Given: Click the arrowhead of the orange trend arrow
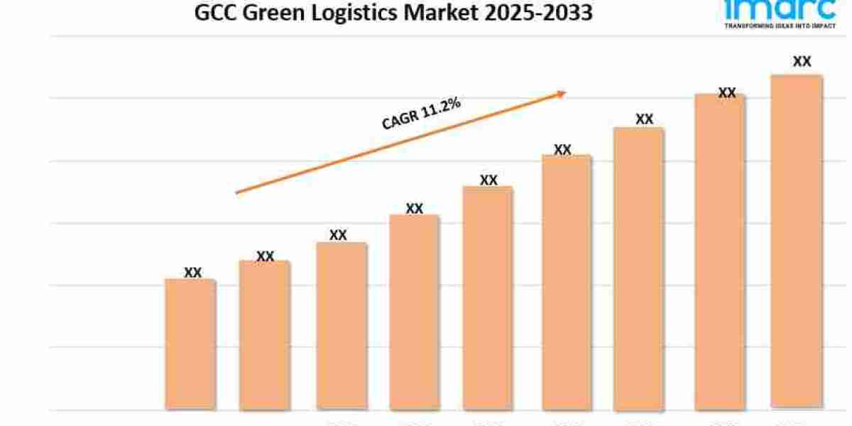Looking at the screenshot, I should pos(562,92).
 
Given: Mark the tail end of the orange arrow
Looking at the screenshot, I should pos(237,192).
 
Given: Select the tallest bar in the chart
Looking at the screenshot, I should pos(796,241).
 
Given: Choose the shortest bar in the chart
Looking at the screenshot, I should pos(190,344).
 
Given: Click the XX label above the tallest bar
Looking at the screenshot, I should pos(802,62).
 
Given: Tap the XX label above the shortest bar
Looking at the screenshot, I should pos(192,272).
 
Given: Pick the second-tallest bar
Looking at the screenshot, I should pos(720,251).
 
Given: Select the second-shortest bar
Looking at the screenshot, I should pos(264,335).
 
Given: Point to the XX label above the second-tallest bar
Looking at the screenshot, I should pos(726,93).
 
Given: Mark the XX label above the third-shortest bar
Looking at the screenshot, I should pos(338,235).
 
